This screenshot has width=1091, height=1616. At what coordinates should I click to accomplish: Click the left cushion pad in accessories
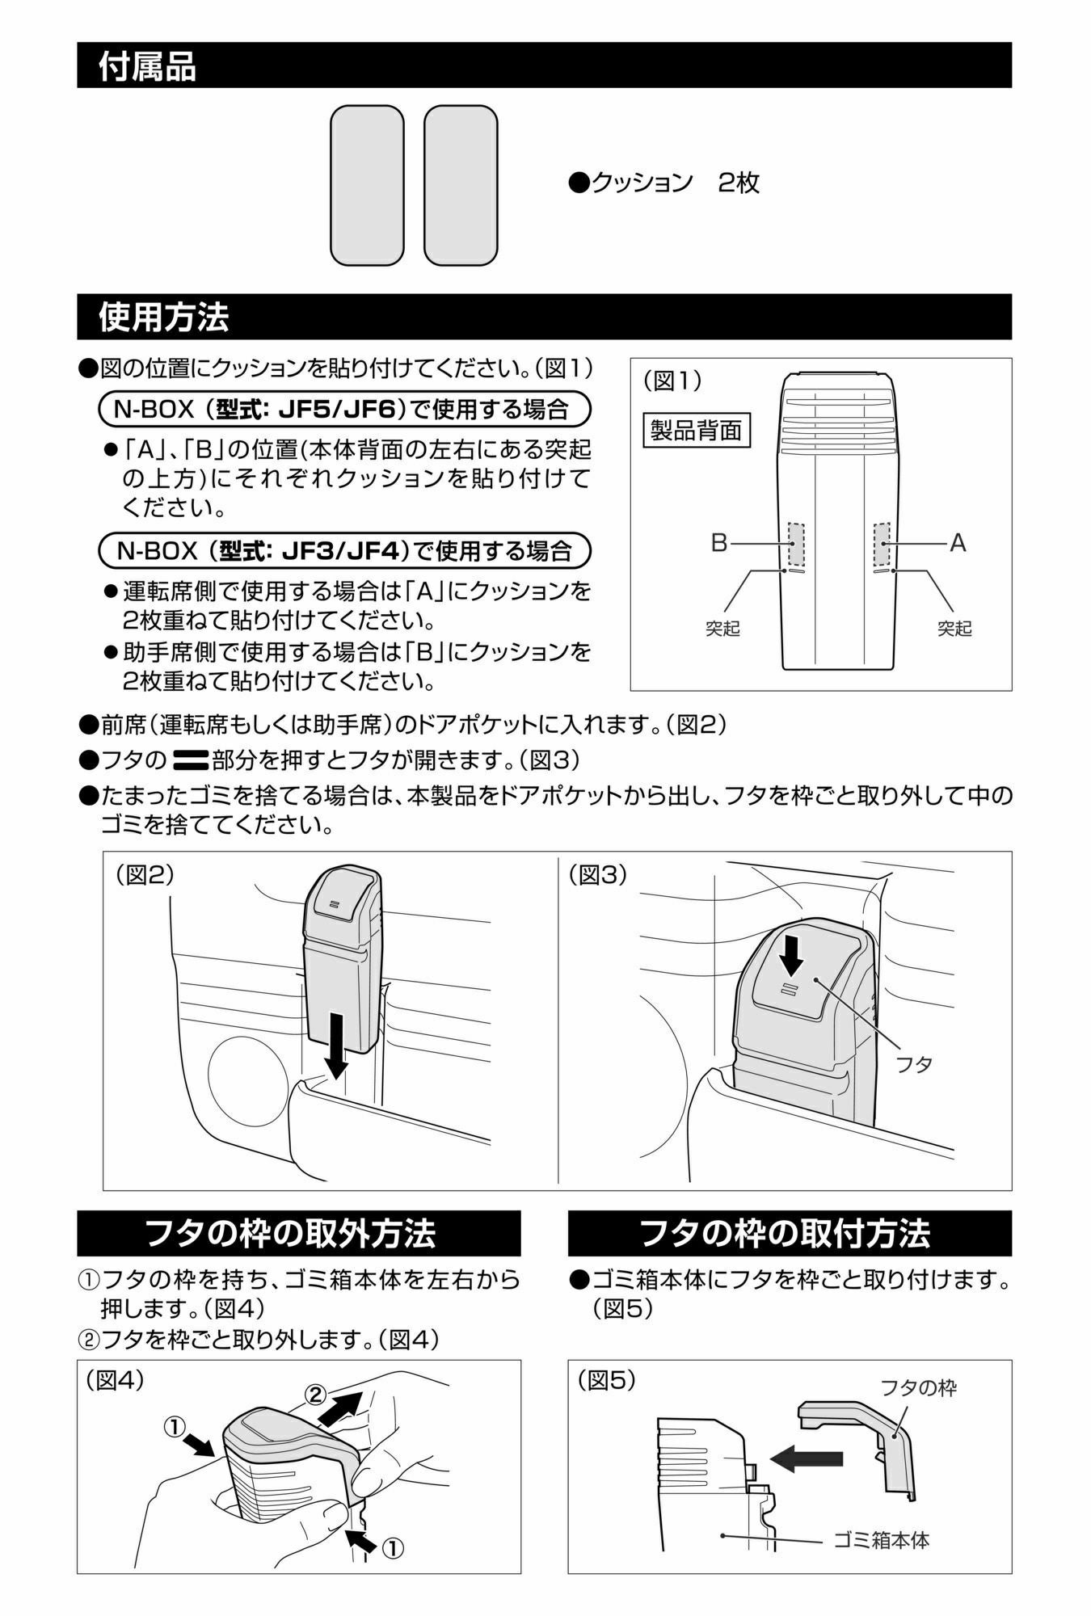(x=366, y=185)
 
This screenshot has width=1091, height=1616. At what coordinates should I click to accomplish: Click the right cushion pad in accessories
(x=460, y=185)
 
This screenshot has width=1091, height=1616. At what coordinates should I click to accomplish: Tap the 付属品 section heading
(x=146, y=65)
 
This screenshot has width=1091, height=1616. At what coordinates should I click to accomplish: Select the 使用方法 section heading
(x=162, y=317)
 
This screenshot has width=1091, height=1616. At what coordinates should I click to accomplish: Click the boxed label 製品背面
(x=696, y=430)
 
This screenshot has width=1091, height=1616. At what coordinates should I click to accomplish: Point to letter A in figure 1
(x=958, y=543)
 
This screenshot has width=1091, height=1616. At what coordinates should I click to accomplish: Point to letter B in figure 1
(x=718, y=543)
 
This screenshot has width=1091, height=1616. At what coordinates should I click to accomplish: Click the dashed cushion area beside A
(x=881, y=544)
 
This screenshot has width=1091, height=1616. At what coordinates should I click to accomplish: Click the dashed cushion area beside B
(x=797, y=544)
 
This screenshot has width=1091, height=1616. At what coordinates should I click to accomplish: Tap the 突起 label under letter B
(x=722, y=629)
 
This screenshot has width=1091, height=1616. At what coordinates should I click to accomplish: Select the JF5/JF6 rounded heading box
(x=343, y=409)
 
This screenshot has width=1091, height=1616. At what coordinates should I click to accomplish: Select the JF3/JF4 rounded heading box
(x=343, y=551)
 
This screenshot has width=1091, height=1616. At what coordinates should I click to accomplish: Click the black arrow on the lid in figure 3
(x=792, y=953)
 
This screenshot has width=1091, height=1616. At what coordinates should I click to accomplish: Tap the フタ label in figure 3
(x=914, y=1064)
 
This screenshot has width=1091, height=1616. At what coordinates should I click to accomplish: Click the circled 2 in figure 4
(x=316, y=1394)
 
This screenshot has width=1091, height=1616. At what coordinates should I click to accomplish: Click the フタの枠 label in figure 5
(x=917, y=1388)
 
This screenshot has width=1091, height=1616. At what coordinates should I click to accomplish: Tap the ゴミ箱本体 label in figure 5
(x=881, y=1540)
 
